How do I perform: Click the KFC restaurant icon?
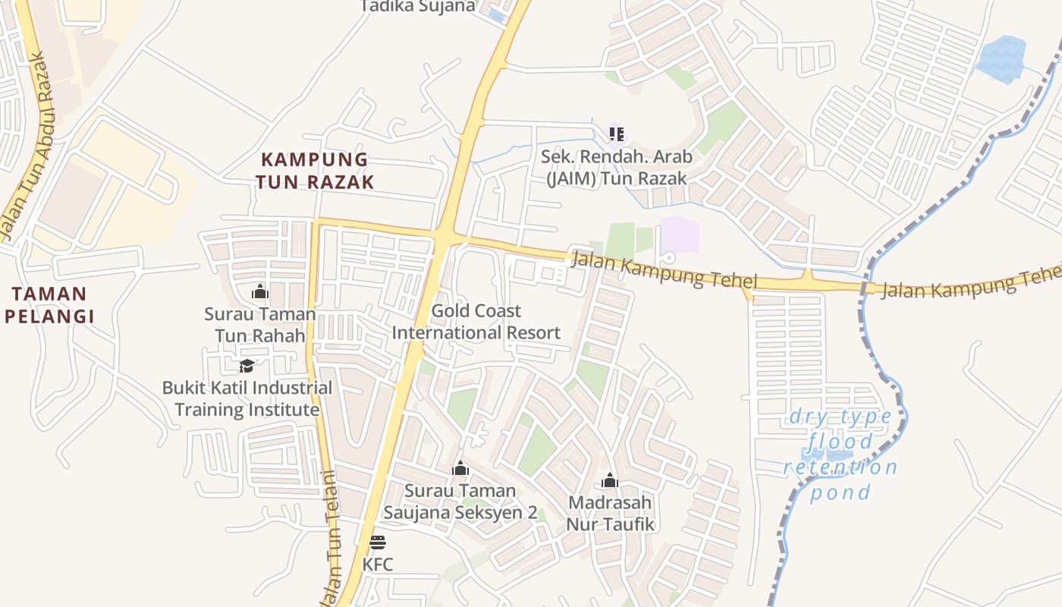(377, 543)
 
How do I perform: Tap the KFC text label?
(377, 565)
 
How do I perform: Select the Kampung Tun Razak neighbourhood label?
(315, 171)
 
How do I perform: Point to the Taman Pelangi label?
(49, 305)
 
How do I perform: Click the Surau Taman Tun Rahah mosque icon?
(260, 291)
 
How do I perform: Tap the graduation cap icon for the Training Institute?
(247, 366)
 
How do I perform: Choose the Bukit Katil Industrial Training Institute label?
(247, 399)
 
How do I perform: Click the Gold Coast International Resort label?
(476, 322)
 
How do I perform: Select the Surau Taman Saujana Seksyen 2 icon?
(460, 469)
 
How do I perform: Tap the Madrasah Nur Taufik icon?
(610, 480)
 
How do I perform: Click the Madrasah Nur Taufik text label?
(610, 513)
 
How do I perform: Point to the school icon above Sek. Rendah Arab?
(616, 134)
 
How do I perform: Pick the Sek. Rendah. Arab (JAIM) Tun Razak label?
(616, 168)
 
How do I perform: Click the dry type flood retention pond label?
(840, 454)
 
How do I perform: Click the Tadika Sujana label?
(417, 7)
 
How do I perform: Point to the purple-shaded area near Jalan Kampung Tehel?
(680, 237)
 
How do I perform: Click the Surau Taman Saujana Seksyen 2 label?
(460, 502)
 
